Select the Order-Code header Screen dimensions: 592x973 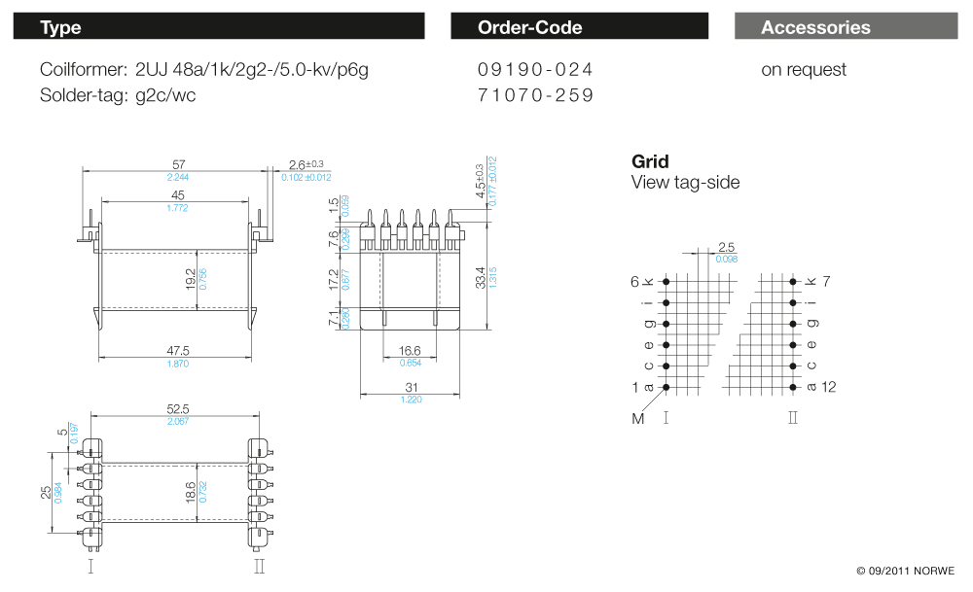(x=579, y=27)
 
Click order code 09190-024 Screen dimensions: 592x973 (x=535, y=70)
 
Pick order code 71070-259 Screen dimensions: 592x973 (x=535, y=95)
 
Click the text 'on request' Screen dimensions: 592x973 (x=804, y=70)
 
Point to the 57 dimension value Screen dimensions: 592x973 (x=178, y=164)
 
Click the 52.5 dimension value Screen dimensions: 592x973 (x=177, y=409)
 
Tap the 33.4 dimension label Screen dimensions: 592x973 (x=481, y=276)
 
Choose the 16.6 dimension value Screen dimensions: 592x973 (x=410, y=351)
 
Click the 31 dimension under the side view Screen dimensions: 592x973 (x=410, y=388)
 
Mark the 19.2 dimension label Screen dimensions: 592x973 (x=191, y=280)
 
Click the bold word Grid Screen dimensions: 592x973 (x=650, y=161)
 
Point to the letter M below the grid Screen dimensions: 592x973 (x=638, y=419)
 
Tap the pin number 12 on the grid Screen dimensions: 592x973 (x=828, y=387)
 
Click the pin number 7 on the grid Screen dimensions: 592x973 (x=827, y=281)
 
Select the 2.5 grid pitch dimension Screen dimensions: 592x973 (x=726, y=247)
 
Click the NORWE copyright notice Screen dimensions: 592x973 (x=906, y=571)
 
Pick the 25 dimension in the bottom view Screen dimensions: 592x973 (x=46, y=493)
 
